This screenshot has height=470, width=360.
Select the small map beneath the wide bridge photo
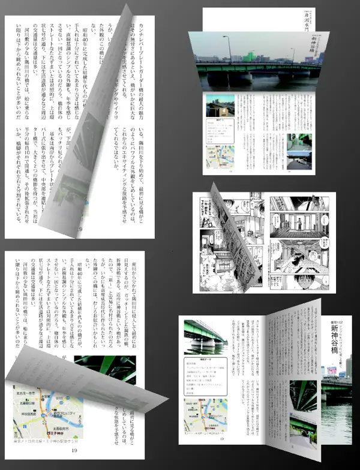click(218, 157)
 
